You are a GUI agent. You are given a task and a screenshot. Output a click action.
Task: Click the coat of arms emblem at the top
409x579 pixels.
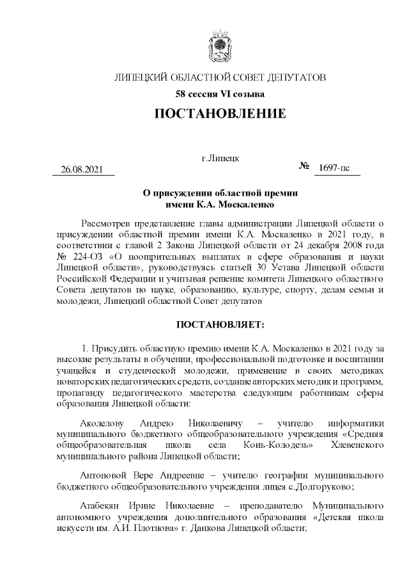[220, 49]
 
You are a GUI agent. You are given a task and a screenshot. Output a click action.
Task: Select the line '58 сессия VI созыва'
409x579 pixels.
[220, 95]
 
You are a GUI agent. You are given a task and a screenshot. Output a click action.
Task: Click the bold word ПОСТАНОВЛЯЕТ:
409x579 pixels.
[220, 325]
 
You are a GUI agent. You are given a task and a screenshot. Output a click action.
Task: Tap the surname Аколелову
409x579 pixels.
[104, 424]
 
